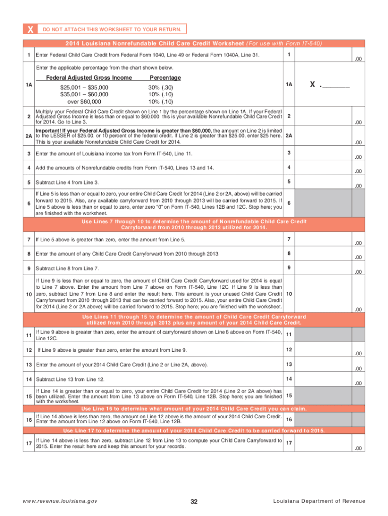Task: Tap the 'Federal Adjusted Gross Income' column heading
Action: coord(89,78)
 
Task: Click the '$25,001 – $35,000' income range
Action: coord(84,87)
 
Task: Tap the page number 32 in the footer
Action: coord(194,501)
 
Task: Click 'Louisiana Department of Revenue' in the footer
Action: coord(319,501)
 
